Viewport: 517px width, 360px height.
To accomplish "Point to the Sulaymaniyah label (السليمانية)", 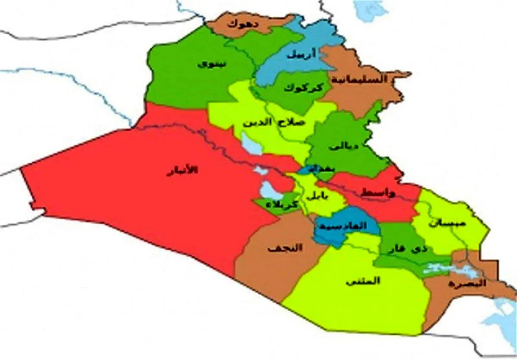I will click(358, 79).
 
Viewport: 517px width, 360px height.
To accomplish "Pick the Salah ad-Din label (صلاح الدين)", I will click(274, 122).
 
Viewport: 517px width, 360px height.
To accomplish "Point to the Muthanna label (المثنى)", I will click(362, 281).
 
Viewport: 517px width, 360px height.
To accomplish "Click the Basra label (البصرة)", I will click(467, 284).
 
